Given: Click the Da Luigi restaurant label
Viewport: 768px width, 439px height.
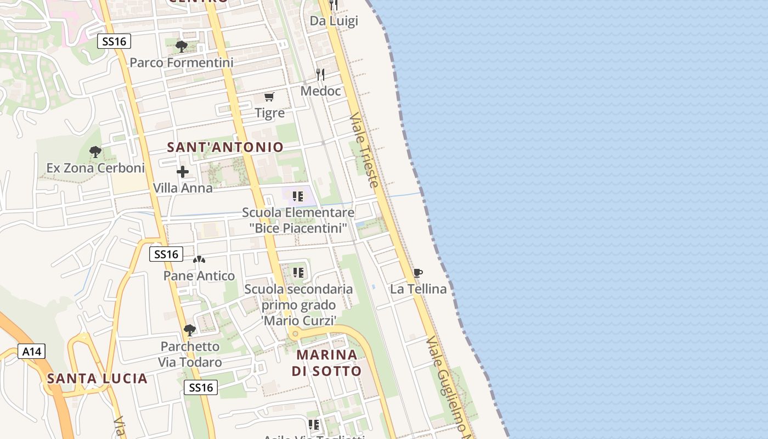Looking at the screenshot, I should [x=334, y=21].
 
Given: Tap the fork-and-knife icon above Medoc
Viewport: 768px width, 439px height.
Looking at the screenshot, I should [x=320, y=74].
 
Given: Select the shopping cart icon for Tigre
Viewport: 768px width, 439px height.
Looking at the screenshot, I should [x=269, y=97].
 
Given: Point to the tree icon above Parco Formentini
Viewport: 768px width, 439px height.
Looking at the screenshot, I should [x=181, y=47].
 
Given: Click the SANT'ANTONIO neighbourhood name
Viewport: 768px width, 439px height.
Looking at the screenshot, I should [x=225, y=147].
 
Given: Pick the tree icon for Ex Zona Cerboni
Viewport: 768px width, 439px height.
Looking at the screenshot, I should [x=95, y=151].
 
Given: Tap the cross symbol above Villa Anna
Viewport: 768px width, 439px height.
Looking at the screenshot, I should [x=183, y=172].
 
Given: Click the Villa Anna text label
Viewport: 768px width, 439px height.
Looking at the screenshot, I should [x=183, y=188].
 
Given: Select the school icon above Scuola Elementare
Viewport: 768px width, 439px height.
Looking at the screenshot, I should [x=298, y=196].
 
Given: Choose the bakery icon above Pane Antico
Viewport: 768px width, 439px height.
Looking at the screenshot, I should [x=199, y=260].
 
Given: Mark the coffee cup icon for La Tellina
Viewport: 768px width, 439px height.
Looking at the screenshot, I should [x=418, y=273].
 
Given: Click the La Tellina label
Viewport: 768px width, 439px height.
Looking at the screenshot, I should [x=418, y=289].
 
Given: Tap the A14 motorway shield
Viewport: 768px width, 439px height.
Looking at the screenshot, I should [x=32, y=351].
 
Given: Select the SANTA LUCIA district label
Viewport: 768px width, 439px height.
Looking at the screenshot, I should [x=97, y=378].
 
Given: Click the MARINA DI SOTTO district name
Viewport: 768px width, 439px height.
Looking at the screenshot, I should [x=326, y=363].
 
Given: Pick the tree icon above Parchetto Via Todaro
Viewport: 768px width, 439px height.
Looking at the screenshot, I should [x=190, y=330].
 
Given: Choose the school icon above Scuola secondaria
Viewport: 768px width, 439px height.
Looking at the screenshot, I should [x=298, y=272].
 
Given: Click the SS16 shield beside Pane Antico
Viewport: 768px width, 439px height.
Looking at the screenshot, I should [x=166, y=254].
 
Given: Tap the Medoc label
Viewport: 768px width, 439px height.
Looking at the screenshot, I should [x=320, y=91].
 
